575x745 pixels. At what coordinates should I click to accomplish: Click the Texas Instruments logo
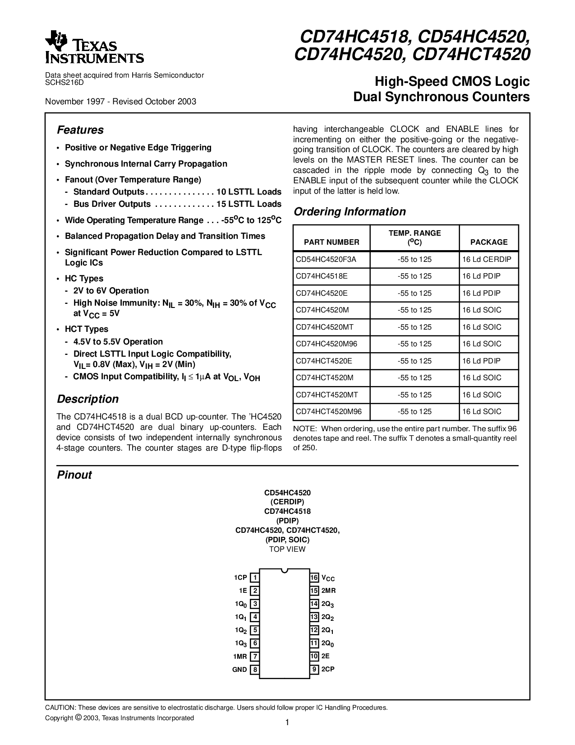(94, 47)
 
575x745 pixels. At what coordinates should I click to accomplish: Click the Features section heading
(80, 130)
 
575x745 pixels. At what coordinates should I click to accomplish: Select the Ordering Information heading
(350, 212)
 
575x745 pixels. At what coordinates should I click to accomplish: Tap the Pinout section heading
(74, 475)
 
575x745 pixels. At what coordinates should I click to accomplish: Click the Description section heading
(87, 399)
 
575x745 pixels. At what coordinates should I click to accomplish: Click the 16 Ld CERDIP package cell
(489, 259)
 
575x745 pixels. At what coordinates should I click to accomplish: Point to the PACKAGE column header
(489, 242)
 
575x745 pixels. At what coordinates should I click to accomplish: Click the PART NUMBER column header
(331, 242)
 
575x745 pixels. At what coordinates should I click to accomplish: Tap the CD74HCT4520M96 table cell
(329, 411)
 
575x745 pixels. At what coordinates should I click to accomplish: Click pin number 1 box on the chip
(255, 577)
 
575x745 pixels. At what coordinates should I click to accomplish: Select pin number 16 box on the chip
(314, 577)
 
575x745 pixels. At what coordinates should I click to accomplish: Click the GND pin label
(239, 670)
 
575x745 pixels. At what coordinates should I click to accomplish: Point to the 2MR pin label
(329, 591)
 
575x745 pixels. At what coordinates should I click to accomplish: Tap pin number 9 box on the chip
(314, 670)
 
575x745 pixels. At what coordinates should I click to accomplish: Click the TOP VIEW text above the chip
(287, 549)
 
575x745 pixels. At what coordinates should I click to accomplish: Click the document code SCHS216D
(64, 83)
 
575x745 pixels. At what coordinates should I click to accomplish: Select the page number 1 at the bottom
(287, 722)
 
